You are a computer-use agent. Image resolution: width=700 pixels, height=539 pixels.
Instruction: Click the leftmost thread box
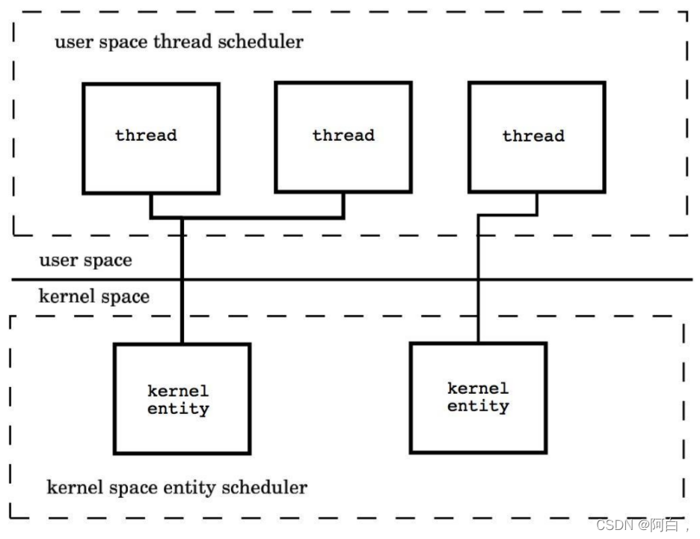click(x=150, y=138)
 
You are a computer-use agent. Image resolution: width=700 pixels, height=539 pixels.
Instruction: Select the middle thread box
click(x=343, y=138)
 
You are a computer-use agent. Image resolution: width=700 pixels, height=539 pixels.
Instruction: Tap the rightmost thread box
click(x=536, y=138)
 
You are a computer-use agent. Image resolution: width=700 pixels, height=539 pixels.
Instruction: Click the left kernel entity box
click(x=182, y=398)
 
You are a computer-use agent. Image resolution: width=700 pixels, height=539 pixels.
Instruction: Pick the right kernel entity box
click(x=478, y=397)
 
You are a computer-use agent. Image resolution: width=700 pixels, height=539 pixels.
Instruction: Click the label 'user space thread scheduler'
click(x=179, y=41)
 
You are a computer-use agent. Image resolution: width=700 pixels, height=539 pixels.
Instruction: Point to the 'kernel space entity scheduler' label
click(x=176, y=487)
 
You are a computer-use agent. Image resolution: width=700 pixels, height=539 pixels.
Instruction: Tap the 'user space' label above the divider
click(x=85, y=261)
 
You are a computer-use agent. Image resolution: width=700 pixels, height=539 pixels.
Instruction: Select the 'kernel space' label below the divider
click(x=93, y=296)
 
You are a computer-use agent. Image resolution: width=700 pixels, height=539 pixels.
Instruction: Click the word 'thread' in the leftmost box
click(x=146, y=135)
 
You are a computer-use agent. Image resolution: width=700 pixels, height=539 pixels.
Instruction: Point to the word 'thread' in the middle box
click(x=343, y=135)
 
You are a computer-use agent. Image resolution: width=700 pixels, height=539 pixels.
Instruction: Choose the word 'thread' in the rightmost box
click(x=533, y=136)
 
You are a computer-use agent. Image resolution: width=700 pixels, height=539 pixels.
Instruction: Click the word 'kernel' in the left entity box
click(x=178, y=391)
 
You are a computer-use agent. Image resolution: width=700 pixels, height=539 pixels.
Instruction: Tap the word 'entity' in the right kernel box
click(x=478, y=406)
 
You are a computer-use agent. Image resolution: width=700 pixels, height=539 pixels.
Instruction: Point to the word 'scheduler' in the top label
click(x=260, y=41)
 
